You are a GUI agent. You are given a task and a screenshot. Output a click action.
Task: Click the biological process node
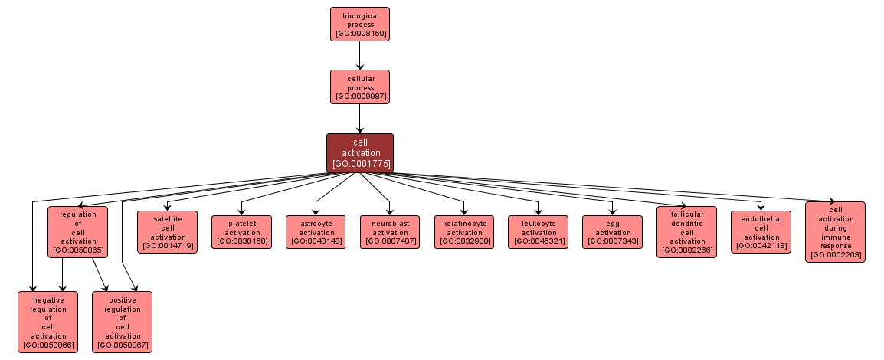(x=359, y=24)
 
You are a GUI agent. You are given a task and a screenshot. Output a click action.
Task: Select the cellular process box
(x=359, y=87)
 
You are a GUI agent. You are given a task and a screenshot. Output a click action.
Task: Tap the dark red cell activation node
(x=359, y=152)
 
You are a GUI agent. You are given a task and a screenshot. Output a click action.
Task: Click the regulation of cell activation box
(x=77, y=231)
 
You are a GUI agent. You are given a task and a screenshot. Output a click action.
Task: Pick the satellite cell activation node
(x=168, y=231)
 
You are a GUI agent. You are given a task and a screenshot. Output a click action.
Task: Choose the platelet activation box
(x=242, y=231)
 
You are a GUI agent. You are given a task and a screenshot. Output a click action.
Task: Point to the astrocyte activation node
(x=316, y=231)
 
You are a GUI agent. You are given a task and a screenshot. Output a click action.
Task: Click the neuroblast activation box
(x=390, y=231)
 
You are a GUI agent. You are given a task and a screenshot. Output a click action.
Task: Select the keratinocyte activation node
(x=464, y=231)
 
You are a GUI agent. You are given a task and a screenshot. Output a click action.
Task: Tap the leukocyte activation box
(x=539, y=231)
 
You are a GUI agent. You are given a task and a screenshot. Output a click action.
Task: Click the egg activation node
(x=612, y=231)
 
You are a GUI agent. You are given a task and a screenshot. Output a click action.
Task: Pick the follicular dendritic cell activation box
(x=686, y=231)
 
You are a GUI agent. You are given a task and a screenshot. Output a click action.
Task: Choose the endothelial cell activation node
(x=761, y=231)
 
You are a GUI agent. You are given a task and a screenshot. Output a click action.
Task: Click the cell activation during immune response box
(x=835, y=231)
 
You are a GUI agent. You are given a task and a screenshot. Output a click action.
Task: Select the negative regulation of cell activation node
(x=47, y=321)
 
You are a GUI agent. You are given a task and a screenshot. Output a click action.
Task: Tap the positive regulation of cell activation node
(x=123, y=321)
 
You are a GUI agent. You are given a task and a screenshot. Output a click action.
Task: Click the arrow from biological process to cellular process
(x=359, y=55)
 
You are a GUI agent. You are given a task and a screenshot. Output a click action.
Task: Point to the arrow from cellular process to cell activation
(x=359, y=119)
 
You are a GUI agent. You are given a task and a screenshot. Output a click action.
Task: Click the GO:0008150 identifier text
(x=359, y=34)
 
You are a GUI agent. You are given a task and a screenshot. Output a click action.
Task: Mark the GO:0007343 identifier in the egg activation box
(x=612, y=241)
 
